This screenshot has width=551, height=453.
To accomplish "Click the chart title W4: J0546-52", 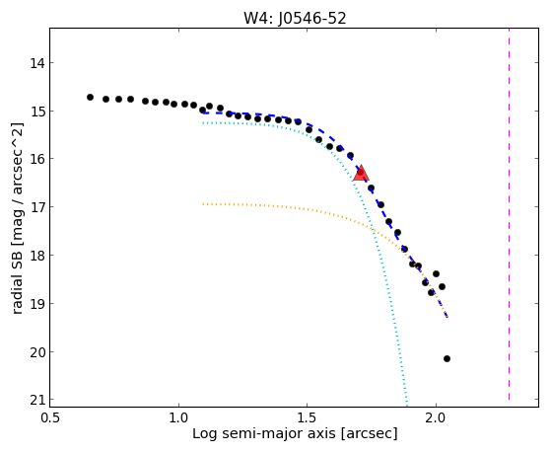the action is [295, 19].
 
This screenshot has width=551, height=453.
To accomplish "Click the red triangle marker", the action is [361, 173].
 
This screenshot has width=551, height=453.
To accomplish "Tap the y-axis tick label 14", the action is [37, 63].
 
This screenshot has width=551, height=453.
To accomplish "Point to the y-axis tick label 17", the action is [37, 207].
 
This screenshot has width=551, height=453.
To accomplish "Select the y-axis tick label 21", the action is [37, 401].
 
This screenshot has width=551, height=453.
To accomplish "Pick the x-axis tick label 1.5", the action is [308, 417].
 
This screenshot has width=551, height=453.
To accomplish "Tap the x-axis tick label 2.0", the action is [436, 417].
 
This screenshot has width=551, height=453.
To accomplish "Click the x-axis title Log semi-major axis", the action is [264, 433].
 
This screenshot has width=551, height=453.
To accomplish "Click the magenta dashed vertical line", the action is [509, 214].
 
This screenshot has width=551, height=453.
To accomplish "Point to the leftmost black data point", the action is [90, 97].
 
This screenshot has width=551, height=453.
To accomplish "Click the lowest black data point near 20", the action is [447, 358].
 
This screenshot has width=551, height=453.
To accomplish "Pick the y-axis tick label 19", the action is [37, 304].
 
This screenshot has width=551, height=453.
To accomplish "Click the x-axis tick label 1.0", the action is [178, 417].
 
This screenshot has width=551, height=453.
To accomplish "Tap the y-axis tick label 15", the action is [37, 112].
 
